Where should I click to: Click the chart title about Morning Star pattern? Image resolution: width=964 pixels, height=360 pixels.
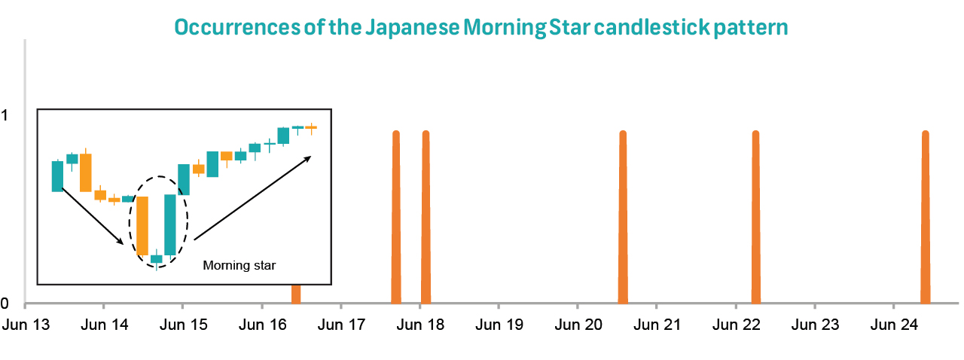click(x=481, y=28)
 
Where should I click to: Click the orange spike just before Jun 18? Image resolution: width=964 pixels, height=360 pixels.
click(x=396, y=218)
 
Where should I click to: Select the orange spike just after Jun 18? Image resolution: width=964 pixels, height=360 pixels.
click(x=426, y=218)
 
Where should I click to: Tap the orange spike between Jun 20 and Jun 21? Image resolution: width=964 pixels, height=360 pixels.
click(x=623, y=218)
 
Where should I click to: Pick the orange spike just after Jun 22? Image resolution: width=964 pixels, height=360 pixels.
click(x=755, y=218)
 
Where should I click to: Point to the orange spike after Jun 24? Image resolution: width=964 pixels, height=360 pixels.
click(x=926, y=218)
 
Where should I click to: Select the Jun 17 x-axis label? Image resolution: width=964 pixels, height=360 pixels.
click(x=340, y=325)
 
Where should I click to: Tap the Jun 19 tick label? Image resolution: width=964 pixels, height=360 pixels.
click(x=499, y=325)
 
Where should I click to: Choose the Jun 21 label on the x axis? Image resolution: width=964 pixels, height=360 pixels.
click(x=656, y=325)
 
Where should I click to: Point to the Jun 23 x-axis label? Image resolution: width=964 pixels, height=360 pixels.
click(x=814, y=325)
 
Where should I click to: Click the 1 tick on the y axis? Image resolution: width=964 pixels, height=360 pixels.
click(x=5, y=115)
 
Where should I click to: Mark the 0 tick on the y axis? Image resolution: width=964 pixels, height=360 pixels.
click(x=5, y=304)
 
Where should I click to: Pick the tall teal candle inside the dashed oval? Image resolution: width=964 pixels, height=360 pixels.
click(x=170, y=224)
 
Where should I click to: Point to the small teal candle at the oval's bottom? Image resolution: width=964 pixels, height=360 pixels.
click(x=157, y=259)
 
